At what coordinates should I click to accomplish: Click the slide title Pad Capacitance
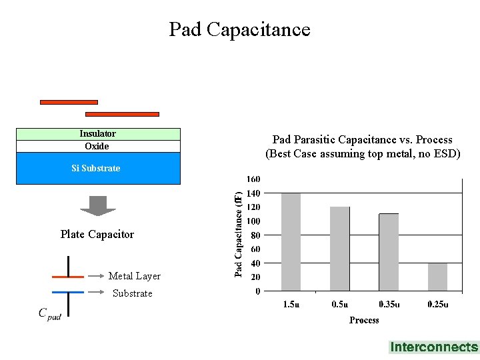(x=239, y=29)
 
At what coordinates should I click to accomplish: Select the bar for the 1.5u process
(x=291, y=241)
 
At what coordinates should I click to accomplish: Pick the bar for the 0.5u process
(x=340, y=249)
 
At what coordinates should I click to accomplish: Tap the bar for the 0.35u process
(x=389, y=252)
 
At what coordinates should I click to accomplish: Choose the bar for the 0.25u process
(x=437, y=277)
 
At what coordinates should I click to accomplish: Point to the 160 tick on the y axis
(x=253, y=179)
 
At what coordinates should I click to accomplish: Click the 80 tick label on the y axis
(x=255, y=235)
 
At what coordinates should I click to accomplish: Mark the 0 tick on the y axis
(x=257, y=291)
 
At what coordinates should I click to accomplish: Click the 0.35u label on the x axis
(x=389, y=305)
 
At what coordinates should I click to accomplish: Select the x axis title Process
(x=364, y=321)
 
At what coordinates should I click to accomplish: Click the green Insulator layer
(x=98, y=134)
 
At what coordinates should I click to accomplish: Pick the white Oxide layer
(x=97, y=147)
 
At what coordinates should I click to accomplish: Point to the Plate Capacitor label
(x=97, y=235)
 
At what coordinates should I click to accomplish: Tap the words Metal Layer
(x=135, y=276)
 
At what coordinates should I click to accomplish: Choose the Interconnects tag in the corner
(x=434, y=347)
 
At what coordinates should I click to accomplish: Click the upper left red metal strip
(x=69, y=102)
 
